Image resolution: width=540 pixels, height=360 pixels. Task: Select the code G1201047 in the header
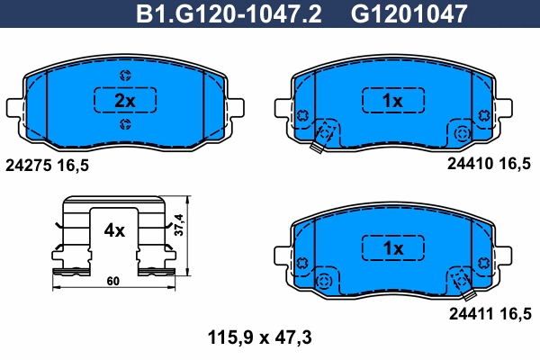pyautogui.click(x=409, y=13)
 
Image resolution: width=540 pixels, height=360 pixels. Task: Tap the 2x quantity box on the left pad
pyautogui.click(x=125, y=101)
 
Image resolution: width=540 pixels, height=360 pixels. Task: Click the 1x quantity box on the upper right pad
pyautogui.click(x=391, y=101)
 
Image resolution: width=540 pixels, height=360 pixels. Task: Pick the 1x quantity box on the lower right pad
pyautogui.click(x=391, y=247)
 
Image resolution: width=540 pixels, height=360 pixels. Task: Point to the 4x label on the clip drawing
pyautogui.click(x=114, y=230)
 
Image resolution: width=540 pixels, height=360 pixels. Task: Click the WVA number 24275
pyautogui.click(x=28, y=166)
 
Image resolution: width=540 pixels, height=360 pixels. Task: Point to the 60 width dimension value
pyautogui.click(x=112, y=282)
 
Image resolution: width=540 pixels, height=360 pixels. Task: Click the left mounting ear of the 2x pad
pyautogui.click(x=15, y=105)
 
